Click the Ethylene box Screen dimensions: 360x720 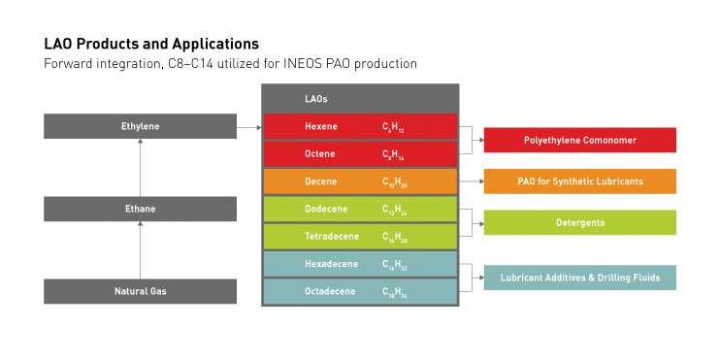point(140,126)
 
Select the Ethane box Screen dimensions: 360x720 point(140,209)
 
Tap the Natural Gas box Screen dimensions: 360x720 point(140,291)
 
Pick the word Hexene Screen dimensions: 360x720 point(321,126)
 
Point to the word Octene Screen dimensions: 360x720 point(321,154)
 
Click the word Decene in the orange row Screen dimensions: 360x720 point(321,181)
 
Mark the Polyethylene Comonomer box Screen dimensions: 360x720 point(579,140)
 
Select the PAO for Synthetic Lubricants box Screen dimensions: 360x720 point(579,181)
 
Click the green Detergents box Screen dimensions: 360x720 point(579,222)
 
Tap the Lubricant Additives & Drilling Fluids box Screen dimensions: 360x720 point(579,278)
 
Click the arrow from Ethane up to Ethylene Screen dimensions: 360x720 point(140,167)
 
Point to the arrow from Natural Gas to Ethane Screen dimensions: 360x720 point(140,249)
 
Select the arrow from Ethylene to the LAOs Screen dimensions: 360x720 point(249,126)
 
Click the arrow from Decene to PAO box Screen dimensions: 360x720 point(471,181)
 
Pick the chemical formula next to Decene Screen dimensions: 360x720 point(394,181)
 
